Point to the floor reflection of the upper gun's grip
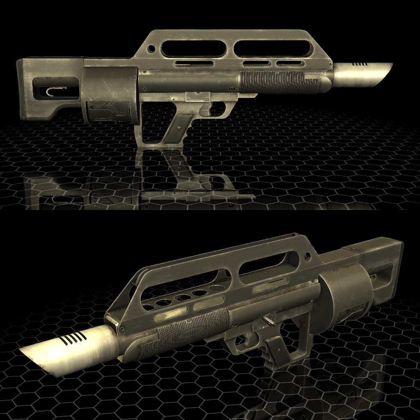(x=180, y=168)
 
